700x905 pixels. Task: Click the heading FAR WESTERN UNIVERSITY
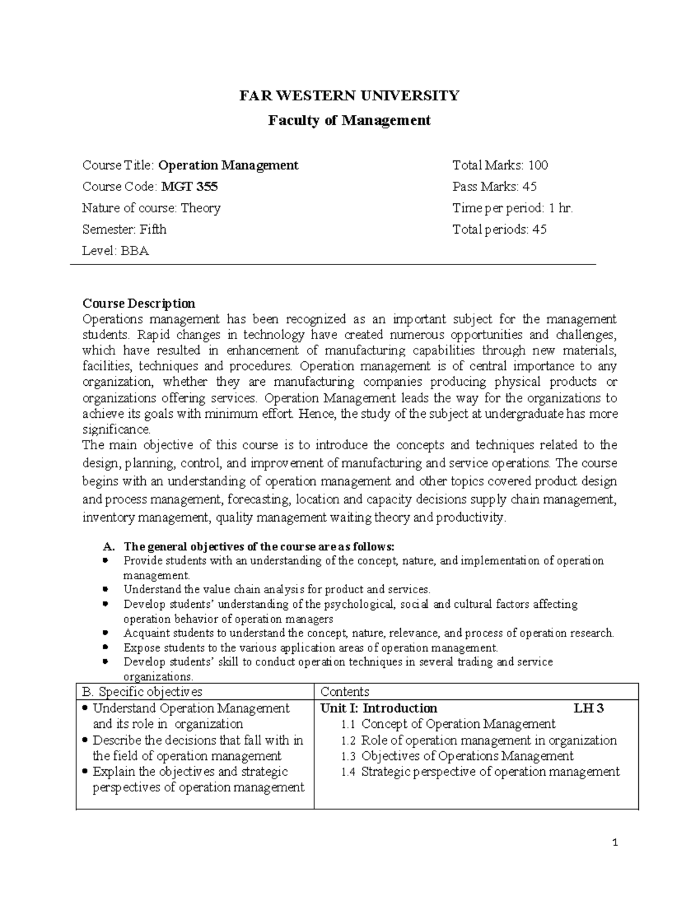point(349,96)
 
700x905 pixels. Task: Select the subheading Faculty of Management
point(349,121)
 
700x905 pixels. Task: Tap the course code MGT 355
point(190,186)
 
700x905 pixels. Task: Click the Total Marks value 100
point(537,165)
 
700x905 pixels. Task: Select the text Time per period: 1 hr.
point(513,208)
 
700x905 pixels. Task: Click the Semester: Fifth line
point(124,230)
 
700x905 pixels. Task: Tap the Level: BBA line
point(116,251)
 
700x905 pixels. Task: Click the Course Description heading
point(139,304)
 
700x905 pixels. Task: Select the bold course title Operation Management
point(228,165)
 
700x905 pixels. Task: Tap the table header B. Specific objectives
point(142,692)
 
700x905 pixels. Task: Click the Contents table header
point(345,692)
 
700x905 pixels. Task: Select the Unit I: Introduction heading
point(379,708)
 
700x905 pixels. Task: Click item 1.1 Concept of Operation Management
point(448,724)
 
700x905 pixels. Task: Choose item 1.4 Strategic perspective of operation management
point(480,772)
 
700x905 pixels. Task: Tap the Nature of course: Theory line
point(151,208)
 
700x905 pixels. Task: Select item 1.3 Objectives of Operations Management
point(457,756)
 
